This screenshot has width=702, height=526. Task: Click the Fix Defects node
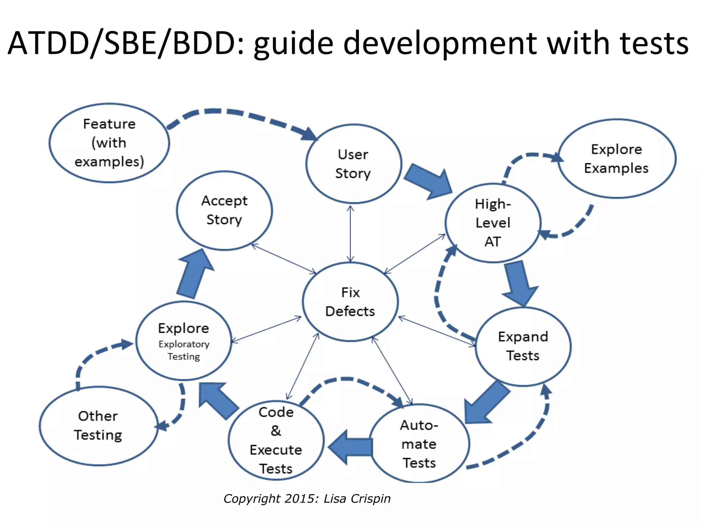tap(350, 302)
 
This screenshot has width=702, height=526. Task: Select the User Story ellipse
tap(353, 164)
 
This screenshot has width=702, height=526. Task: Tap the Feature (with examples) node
tap(109, 143)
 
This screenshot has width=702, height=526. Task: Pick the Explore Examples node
tap(617, 159)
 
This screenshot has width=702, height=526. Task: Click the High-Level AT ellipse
tap(493, 223)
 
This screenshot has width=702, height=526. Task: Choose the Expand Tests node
tap(523, 346)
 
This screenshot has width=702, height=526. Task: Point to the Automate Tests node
tap(419, 444)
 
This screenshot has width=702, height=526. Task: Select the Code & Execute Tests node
tap(276, 440)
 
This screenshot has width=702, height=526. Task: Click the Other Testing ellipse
tap(98, 426)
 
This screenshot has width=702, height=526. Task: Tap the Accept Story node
tap(225, 210)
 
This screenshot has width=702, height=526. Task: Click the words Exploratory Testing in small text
tap(184, 350)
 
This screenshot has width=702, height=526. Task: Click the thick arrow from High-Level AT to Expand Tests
tap(518, 283)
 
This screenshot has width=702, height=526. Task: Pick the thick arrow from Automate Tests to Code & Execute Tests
tap(351, 447)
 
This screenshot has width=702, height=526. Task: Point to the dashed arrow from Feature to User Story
tap(240, 114)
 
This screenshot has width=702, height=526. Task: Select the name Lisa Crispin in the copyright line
tap(357, 499)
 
